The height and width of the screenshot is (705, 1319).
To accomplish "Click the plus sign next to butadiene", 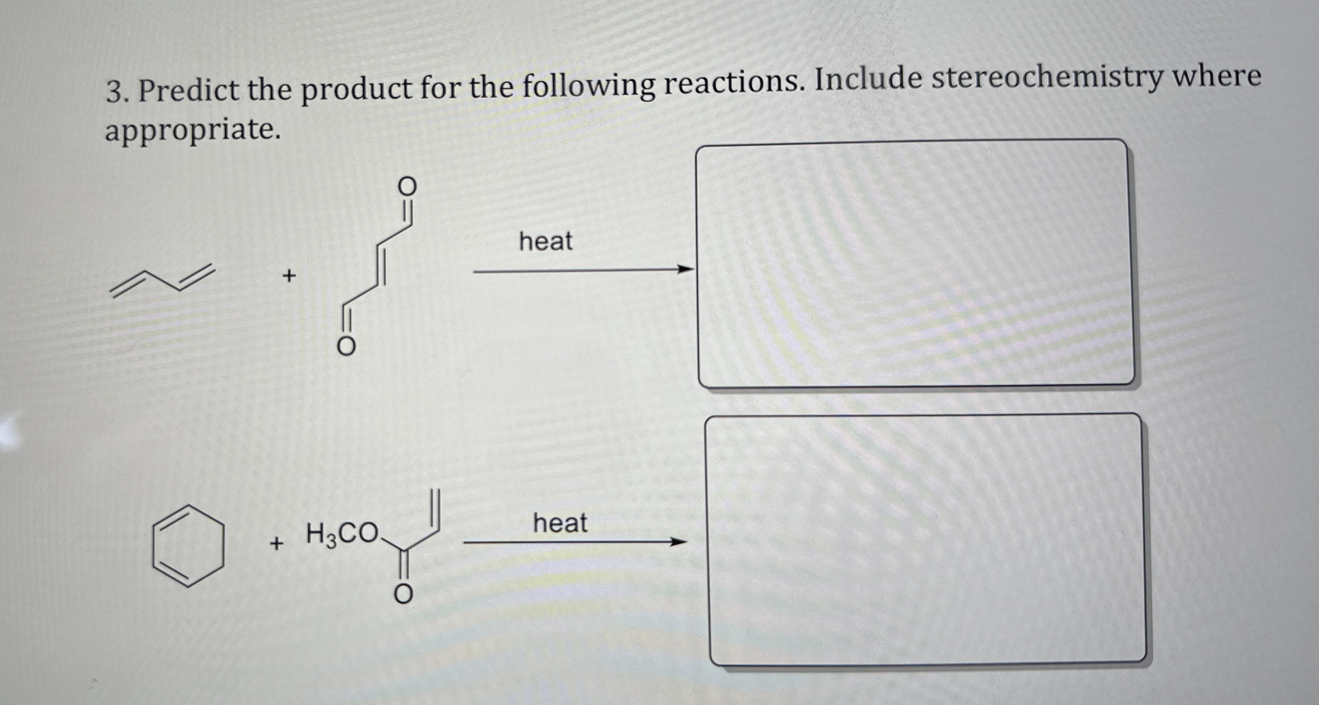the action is (x=289, y=276).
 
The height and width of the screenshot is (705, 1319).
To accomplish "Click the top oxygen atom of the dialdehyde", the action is (x=407, y=187).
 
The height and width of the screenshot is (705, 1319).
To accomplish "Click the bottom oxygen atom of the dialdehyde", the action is (x=345, y=347).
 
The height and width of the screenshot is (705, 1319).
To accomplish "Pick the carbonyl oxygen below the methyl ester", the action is (x=403, y=594).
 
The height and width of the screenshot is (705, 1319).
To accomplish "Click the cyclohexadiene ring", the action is (x=188, y=545).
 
